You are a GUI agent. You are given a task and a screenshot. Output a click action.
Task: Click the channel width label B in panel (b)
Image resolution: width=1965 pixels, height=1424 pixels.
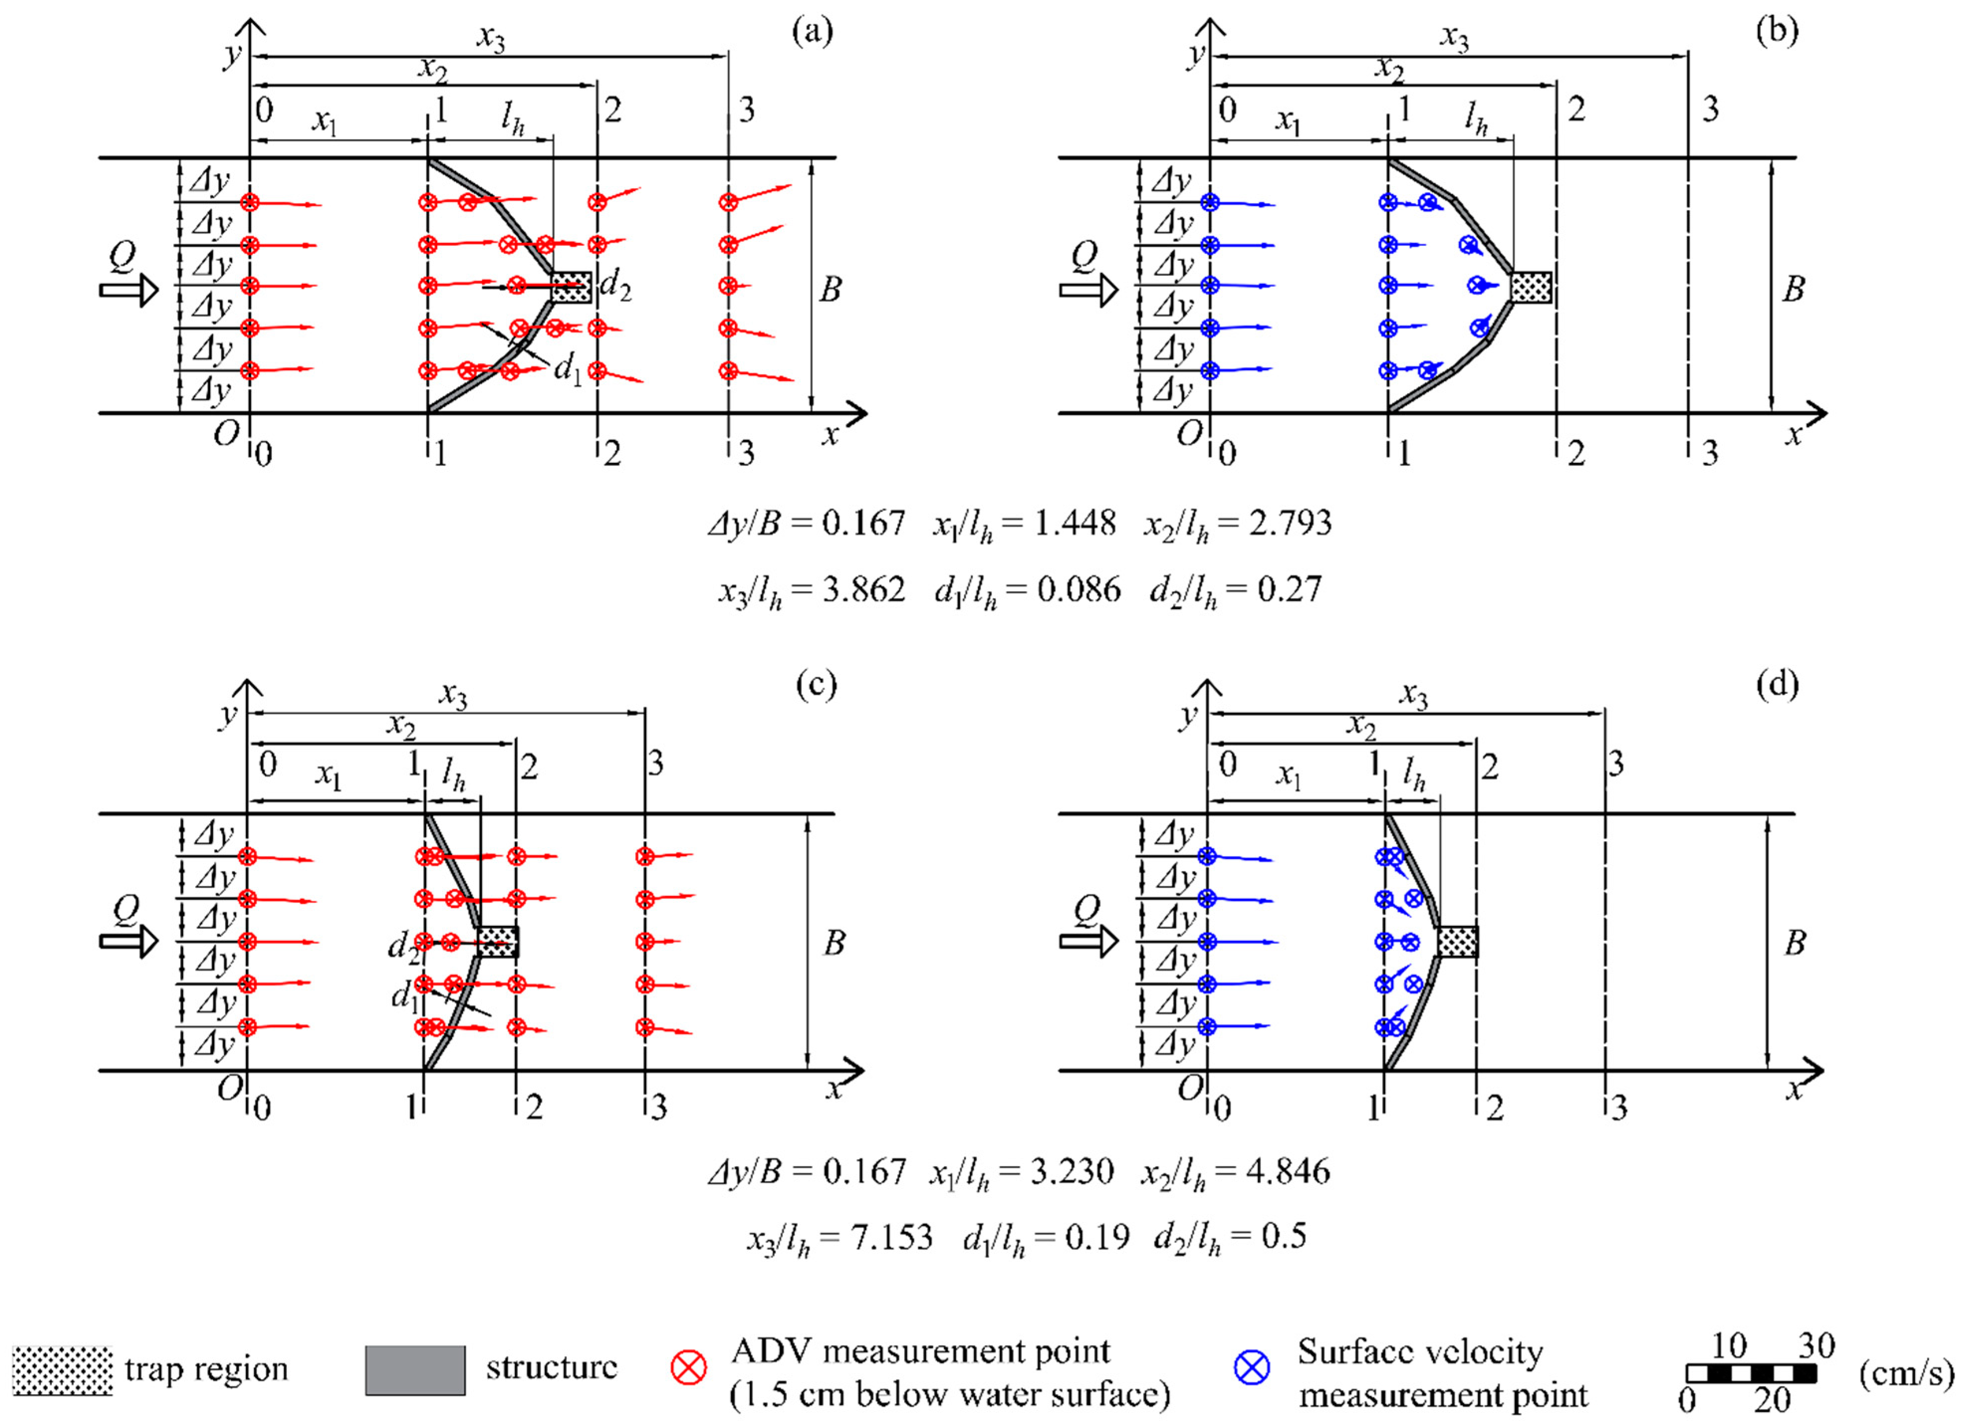point(1793,289)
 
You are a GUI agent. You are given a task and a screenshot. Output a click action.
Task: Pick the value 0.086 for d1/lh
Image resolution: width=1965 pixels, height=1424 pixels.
point(1079,590)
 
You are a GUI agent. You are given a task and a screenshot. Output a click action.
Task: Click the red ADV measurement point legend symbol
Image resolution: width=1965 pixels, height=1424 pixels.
point(689,1369)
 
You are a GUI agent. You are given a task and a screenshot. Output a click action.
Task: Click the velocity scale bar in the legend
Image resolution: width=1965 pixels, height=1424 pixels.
point(1751,1373)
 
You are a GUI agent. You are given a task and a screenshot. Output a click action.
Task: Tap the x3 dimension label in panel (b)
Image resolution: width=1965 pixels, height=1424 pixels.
point(1455,38)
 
